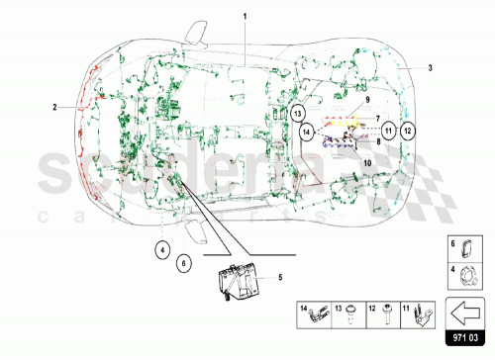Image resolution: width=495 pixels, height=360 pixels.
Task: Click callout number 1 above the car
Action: click(x=247, y=17)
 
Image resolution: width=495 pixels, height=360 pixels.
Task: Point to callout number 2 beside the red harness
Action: click(x=55, y=104)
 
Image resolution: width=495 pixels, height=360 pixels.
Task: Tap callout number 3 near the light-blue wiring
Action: click(x=430, y=68)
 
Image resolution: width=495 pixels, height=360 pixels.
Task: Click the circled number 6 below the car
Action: click(x=183, y=263)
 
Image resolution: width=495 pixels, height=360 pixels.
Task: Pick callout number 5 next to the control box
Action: click(x=279, y=278)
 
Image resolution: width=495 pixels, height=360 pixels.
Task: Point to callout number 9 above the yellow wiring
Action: click(x=365, y=99)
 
